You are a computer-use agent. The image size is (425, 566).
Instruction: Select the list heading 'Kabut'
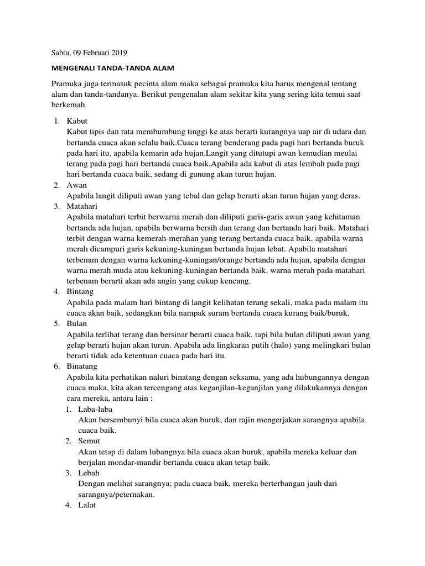[x=76, y=121]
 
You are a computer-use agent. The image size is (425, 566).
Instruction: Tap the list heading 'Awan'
[x=76, y=185]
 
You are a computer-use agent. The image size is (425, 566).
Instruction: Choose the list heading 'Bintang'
[x=80, y=291]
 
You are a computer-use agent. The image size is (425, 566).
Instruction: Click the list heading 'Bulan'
[x=76, y=323]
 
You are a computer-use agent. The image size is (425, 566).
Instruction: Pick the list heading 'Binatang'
[x=82, y=366]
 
